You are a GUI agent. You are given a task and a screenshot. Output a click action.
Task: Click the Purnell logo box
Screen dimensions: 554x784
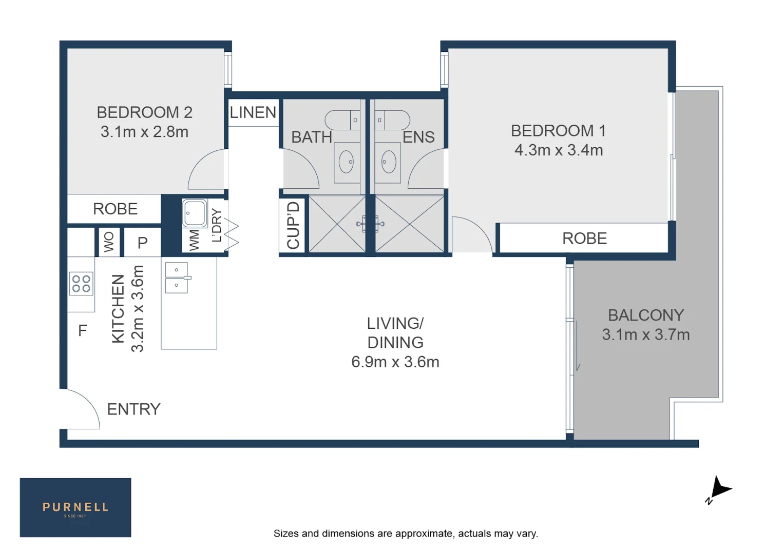coord(75,507)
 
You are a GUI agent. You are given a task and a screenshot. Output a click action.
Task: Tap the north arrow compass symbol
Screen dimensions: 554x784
coord(719,490)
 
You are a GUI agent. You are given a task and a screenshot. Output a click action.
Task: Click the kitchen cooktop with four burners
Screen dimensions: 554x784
coord(81,284)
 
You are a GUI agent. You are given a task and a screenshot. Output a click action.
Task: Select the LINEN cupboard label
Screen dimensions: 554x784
coord(253,112)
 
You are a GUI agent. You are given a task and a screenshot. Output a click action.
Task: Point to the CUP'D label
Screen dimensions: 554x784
coord(293,225)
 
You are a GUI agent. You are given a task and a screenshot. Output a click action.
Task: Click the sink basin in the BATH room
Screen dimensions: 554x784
coord(347,162)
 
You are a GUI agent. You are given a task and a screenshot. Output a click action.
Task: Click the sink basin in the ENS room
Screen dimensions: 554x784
coord(388,162)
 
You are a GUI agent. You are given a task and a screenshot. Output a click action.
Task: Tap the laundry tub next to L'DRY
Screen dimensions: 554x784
coord(195,213)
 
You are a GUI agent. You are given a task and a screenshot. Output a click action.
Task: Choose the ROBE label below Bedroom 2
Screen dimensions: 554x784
coord(115,209)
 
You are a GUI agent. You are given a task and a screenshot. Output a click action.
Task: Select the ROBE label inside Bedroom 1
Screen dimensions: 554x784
coord(584,239)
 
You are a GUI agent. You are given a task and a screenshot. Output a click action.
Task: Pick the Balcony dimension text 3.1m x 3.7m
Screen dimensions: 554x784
coord(645,334)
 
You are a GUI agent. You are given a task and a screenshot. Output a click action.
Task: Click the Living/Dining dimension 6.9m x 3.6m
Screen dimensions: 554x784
coord(395,362)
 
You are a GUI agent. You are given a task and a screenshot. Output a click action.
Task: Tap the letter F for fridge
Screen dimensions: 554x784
coord(82,331)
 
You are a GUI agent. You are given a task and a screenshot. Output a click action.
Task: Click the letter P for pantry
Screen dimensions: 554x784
coord(142,243)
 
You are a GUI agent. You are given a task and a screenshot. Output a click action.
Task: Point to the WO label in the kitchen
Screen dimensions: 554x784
coord(109,242)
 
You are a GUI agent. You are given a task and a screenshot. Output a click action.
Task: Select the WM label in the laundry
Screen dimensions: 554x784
coord(194,240)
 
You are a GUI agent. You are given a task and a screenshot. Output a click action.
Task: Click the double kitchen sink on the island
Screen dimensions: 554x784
coord(177,278)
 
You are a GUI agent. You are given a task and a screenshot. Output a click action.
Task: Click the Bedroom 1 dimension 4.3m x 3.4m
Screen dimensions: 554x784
coord(558,150)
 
